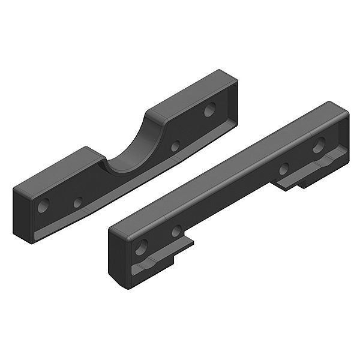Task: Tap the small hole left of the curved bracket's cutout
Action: [78, 203]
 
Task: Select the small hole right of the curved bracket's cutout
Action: [175, 146]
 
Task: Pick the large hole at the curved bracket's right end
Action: [209, 110]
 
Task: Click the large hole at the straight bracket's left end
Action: [142, 247]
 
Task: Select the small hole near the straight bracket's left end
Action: [176, 231]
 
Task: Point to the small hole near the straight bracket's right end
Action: [284, 169]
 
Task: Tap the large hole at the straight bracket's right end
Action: [319, 145]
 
